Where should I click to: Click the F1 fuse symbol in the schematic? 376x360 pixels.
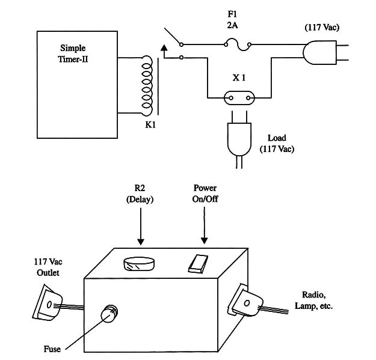click(236, 43)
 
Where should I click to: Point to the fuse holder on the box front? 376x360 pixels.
click(111, 314)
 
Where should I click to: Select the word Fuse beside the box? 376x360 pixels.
click(52, 348)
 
